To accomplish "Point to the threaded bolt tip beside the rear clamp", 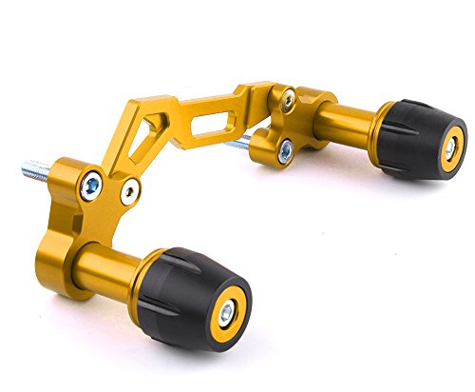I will coord(242,145).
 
